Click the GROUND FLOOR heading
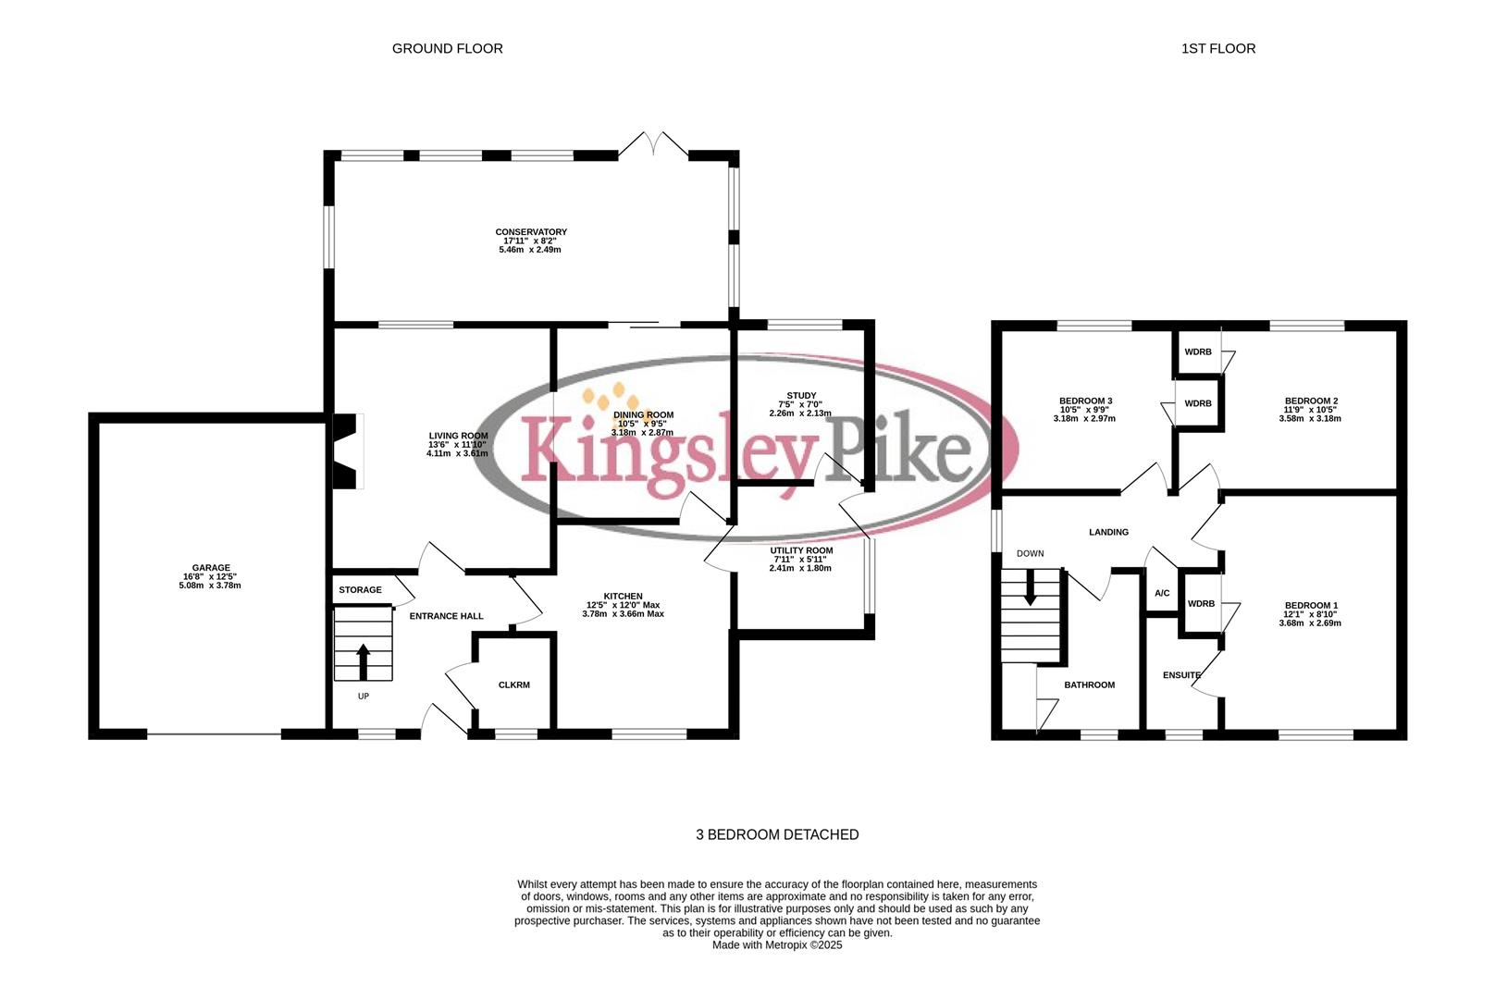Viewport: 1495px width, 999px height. click(447, 48)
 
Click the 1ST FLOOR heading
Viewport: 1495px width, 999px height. click(1217, 48)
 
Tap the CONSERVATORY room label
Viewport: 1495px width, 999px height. click(530, 232)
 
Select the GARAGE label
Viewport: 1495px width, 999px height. click(211, 568)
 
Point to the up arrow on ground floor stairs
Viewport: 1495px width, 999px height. click(363, 661)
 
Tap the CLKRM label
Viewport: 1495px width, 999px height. click(513, 684)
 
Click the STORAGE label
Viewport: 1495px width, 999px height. click(360, 589)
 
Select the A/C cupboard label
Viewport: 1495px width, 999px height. click(1162, 593)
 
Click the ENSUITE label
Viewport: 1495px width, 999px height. click(1181, 675)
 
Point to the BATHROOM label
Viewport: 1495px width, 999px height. click(1089, 684)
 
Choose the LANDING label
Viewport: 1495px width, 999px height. click(1108, 532)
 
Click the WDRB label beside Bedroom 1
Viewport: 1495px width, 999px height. click(1201, 604)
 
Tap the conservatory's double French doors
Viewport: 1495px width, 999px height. click(654, 144)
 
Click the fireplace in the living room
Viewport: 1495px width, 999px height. click(347, 452)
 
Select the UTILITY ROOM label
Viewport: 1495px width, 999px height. click(801, 550)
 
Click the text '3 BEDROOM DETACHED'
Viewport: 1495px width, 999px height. click(777, 834)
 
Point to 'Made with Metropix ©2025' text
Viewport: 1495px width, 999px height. click(777, 945)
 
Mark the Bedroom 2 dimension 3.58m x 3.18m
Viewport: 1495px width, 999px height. click(1310, 419)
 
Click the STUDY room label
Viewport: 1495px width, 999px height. click(801, 396)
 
